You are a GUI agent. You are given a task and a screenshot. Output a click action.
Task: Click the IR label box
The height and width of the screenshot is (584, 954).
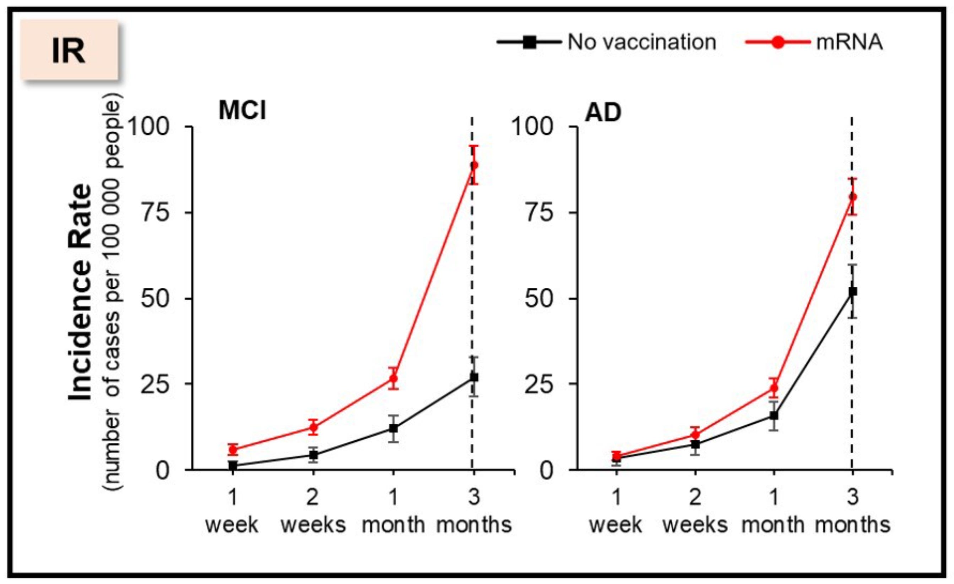click(x=69, y=51)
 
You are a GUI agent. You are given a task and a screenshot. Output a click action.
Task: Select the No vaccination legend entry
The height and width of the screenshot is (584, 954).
click(x=606, y=42)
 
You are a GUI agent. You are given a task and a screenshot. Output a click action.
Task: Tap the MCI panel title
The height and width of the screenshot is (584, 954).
click(x=242, y=111)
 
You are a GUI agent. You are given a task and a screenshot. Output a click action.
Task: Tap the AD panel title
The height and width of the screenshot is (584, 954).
click(x=603, y=112)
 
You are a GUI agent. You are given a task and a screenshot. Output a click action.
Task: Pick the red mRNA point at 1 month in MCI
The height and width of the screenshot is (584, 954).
click(x=394, y=378)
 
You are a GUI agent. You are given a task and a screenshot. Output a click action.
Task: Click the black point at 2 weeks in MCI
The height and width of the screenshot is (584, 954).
click(x=313, y=455)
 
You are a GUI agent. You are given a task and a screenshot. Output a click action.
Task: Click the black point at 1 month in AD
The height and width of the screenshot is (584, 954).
click(x=774, y=416)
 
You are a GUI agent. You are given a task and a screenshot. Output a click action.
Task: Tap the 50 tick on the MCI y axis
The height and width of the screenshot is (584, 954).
click(x=155, y=299)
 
